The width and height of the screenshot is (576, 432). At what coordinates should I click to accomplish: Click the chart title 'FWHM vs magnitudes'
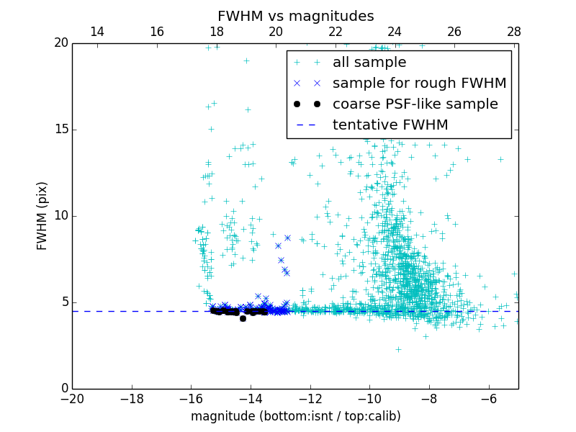click(295, 16)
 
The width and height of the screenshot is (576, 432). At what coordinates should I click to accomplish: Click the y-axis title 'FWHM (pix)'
click(42, 216)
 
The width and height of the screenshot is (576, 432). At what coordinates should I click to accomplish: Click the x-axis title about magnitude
click(295, 416)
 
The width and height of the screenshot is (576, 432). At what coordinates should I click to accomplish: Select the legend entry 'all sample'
click(369, 63)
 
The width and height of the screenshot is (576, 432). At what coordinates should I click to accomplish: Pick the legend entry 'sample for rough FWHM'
click(419, 84)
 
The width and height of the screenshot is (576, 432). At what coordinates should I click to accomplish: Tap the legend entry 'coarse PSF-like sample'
click(415, 104)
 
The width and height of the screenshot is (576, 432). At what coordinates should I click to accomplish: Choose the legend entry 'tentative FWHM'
click(390, 125)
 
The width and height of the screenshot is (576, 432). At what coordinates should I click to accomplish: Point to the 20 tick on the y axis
click(60, 43)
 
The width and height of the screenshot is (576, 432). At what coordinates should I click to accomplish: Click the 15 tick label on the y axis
click(60, 130)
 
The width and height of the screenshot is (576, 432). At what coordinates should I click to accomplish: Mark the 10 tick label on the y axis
click(60, 216)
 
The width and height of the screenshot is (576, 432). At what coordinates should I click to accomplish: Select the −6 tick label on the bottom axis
click(489, 398)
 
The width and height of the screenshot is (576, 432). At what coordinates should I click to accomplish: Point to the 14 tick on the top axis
click(97, 32)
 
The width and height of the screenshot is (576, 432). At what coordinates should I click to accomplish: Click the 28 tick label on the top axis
click(513, 32)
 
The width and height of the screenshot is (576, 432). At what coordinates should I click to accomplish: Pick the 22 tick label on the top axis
click(335, 32)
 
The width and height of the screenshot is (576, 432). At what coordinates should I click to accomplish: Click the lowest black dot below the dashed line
click(243, 318)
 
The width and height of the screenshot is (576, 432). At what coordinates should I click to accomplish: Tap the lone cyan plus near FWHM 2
click(398, 349)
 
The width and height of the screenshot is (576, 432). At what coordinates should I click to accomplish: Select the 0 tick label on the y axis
click(64, 389)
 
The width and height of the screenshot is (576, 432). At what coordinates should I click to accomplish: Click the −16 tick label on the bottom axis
click(191, 398)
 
